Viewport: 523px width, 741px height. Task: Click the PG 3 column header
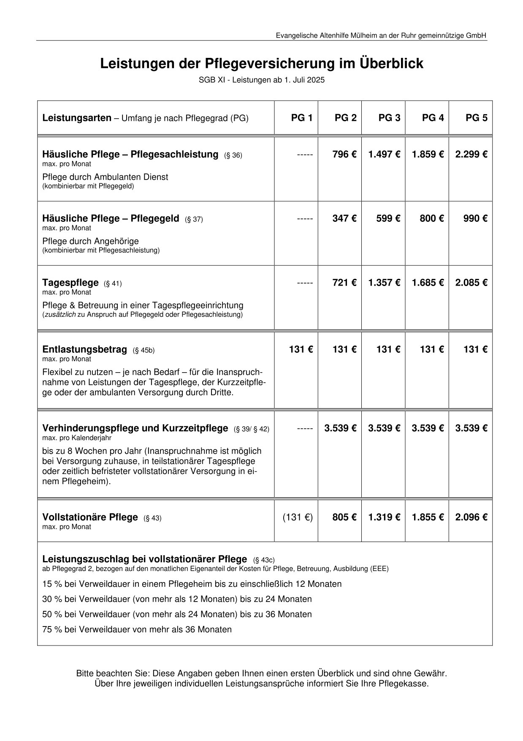(389, 118)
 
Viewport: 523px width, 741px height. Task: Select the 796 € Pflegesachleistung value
(344, 154)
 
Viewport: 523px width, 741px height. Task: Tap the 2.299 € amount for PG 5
(471, 154)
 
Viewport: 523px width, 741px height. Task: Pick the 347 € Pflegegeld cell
(344, 218)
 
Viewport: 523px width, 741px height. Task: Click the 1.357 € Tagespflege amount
(384, 283)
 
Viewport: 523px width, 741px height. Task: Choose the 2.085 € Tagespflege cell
(471, 283)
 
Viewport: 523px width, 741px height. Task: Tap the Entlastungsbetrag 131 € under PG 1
(301, 349)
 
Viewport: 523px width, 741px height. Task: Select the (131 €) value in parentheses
(298, 517)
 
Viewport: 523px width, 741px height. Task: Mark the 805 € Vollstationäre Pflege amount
(344, 517)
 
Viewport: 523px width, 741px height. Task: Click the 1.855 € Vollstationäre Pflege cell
(428, 517)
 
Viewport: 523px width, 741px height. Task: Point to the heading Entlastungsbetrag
(84, 349)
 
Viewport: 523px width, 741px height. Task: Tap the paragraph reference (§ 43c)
(264, 560)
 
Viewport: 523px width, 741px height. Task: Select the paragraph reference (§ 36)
(233, 155)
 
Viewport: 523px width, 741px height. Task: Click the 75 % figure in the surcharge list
(52, 629)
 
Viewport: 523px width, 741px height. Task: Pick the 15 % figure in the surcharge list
(52, 584)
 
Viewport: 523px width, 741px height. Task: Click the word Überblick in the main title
(391, 63)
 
